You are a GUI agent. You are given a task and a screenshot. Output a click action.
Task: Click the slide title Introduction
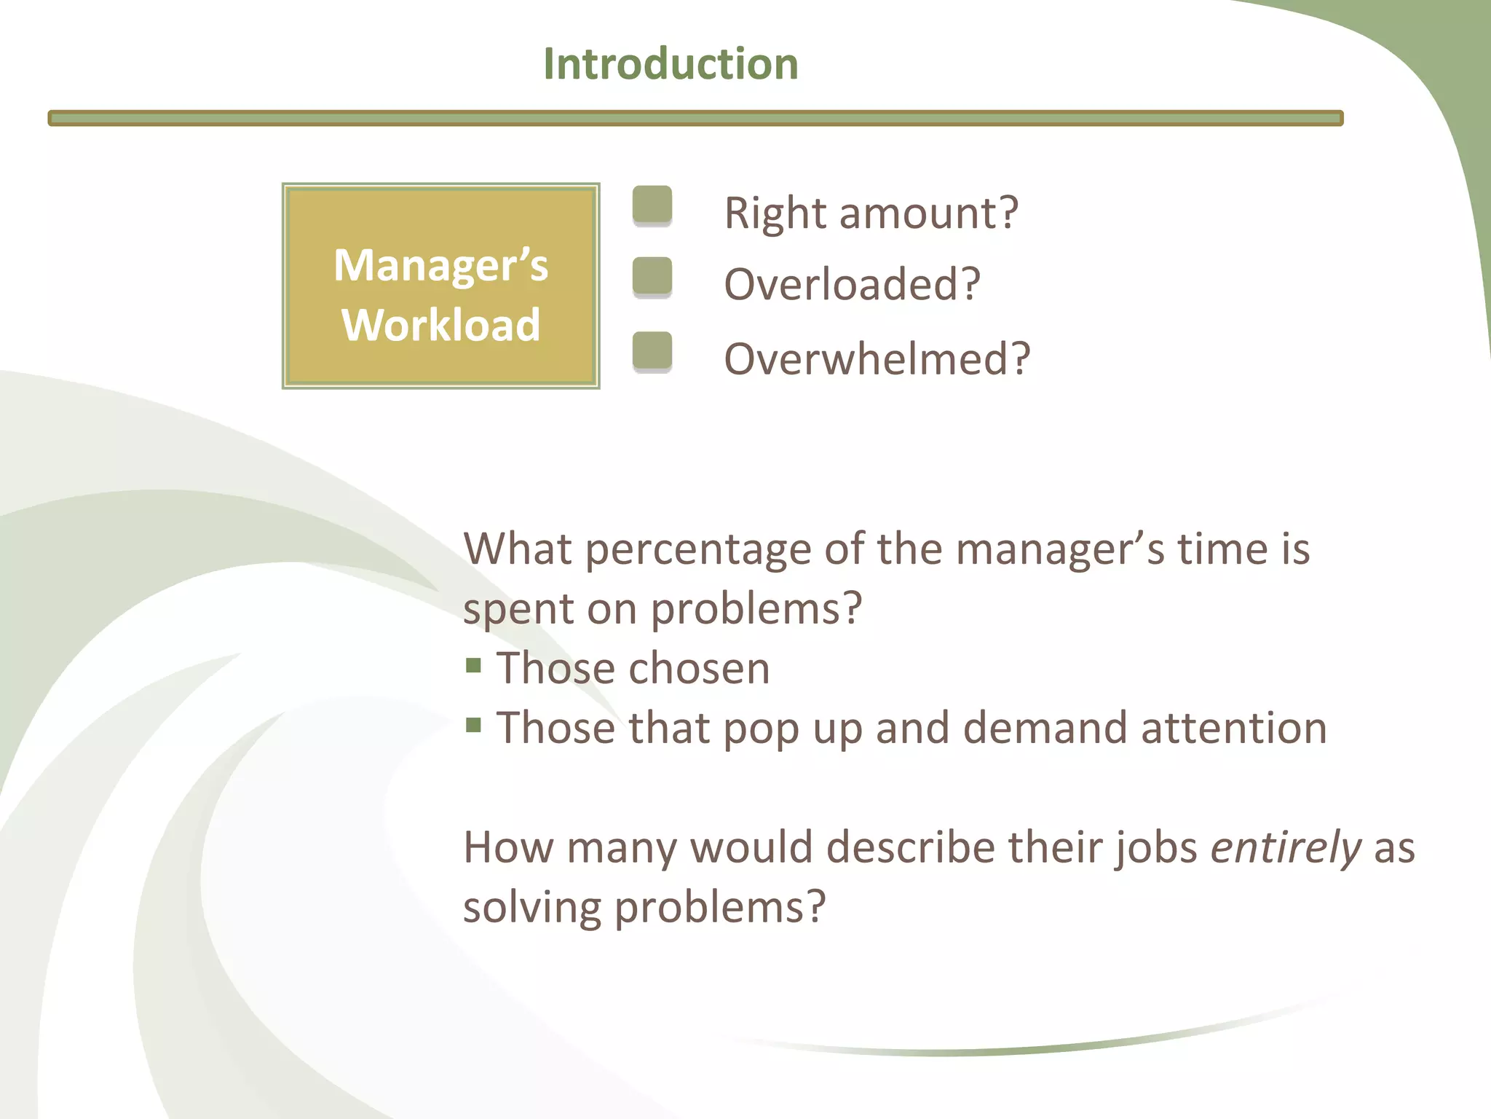671,64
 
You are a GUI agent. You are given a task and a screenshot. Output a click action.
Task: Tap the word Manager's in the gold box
440,265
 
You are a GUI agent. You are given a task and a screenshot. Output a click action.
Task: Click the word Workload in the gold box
440,325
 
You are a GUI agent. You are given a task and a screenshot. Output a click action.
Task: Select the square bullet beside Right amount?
652,205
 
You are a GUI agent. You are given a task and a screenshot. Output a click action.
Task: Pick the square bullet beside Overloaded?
652,276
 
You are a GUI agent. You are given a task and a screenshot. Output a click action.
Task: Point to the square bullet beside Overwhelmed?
652,351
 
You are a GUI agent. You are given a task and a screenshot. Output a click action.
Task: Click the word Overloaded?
852,284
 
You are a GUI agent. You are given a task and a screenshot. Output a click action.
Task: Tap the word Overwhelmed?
877,359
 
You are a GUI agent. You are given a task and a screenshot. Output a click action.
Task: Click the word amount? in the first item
928,213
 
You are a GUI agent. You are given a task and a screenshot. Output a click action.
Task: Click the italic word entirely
1285,848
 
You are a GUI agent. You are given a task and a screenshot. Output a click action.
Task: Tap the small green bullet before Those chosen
474,665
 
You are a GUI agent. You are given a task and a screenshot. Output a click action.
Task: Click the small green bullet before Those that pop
474,725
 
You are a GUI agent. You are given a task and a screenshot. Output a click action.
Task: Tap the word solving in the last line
532,908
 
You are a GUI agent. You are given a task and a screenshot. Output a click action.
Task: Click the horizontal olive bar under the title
695,118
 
